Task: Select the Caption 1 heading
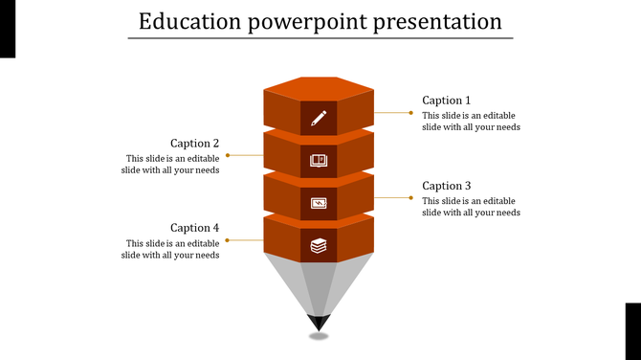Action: (x=447, y=101)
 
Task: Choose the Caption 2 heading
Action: (x=195, y=144)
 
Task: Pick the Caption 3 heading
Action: (x=447, y=186)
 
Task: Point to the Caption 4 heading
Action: (x=195, y=228)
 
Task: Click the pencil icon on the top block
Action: (x=319, y=118)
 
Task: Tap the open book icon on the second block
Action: (x=319, y=160)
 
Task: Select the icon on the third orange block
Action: (x=319, y=203)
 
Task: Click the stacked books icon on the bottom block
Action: (x=319, y=246)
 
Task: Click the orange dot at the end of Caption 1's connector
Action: (x=411, y=112)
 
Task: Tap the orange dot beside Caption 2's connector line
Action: (x=226, y=154)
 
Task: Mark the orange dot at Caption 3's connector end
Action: (x=411, y=197)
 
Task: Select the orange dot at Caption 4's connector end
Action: (x=226, y=239)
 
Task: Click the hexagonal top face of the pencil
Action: (x=319, y=88)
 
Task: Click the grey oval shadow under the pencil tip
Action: (x=319, y=336)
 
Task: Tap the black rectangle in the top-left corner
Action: (x=7, y=29)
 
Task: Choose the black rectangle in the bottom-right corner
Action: (x=633, y=331)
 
